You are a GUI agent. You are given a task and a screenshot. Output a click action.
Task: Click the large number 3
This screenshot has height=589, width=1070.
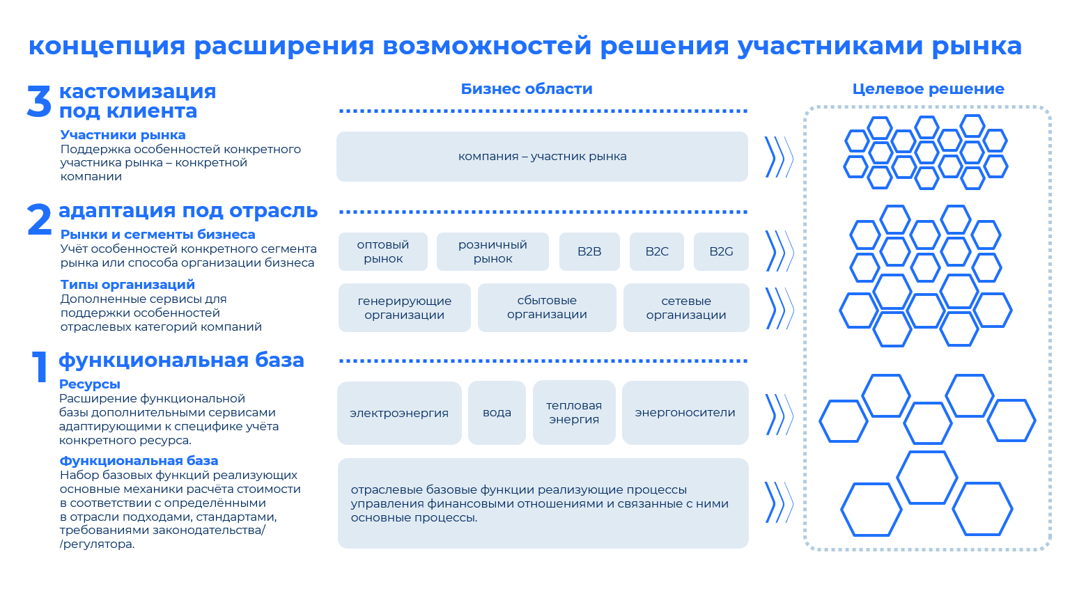tap(39, 101)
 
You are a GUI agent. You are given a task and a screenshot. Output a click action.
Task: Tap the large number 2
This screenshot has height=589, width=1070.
tap(40, 219)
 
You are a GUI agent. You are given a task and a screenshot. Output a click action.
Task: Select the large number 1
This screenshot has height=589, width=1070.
tap(40, 367)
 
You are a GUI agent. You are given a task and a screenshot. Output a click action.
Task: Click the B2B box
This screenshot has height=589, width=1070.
tap(589, 251)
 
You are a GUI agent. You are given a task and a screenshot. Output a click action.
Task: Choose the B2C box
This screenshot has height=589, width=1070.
tap(657, 251)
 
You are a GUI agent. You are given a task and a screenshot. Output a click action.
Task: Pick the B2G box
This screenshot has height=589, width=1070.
tap(721, 251)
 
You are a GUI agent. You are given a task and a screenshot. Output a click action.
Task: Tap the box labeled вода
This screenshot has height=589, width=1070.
tap(497, 412)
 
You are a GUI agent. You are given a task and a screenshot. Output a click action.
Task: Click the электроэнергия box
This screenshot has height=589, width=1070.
tap(399, 412)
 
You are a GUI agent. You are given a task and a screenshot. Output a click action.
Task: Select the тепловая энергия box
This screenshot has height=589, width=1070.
tap(574, 412)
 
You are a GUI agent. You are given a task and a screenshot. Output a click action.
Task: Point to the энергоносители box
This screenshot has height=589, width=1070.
tap(685, 412)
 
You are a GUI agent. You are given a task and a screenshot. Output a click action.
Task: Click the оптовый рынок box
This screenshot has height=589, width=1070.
tap(383, 251)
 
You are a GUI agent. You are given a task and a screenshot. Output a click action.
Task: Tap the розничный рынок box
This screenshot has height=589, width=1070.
tap(493, 251)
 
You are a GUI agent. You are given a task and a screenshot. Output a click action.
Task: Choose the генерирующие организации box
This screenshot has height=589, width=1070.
tap(404, 308)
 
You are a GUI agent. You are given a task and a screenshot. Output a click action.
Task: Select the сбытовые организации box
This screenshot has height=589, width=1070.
tap(547, 308)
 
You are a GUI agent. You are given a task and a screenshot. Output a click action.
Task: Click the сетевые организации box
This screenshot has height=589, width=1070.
tap(686, 308)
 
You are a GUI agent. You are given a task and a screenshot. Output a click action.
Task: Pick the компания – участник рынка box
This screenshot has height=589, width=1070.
tap(542, 157)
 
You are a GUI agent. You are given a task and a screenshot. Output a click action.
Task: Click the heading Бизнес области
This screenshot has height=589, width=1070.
tap(527, 89)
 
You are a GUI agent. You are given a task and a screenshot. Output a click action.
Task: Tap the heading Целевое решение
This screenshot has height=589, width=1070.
tap(928, 89)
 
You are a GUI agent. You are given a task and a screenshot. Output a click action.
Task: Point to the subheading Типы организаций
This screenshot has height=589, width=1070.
tap(127, 285)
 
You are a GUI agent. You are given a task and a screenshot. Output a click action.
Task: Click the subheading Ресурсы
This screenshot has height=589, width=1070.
tap(90, 384)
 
